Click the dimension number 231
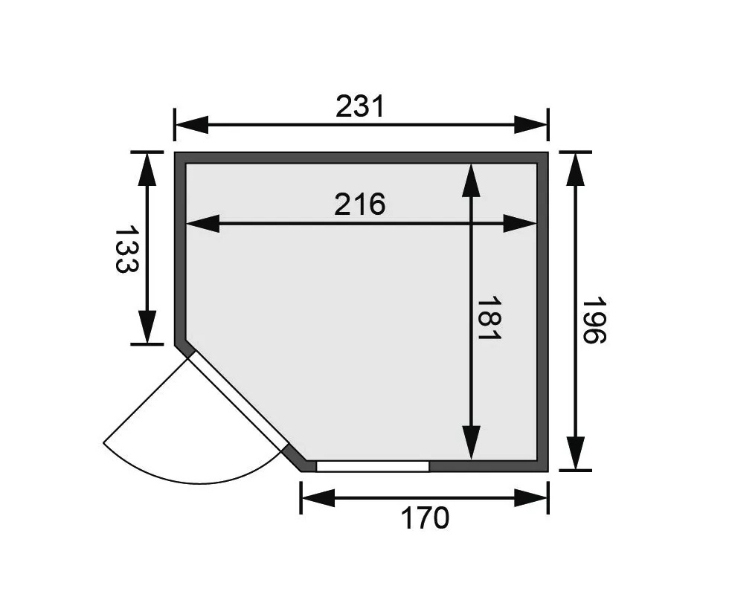360,106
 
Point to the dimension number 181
490,319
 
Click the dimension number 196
595,321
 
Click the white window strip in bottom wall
372,466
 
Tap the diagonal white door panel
238,401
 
